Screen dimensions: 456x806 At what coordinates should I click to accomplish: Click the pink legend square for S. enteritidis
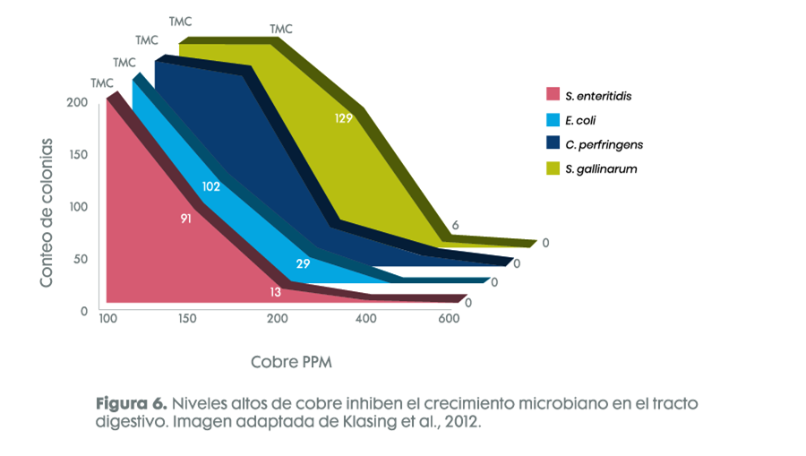coord(553,94)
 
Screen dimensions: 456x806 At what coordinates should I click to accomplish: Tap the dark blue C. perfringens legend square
coord(553,143)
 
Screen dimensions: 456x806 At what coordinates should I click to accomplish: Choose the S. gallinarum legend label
coord(601,168)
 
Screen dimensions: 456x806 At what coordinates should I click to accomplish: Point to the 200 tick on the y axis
coord(77,102)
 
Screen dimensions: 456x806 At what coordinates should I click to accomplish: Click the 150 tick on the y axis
coord(77,154)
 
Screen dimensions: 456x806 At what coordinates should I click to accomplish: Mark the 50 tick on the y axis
coord(80,259)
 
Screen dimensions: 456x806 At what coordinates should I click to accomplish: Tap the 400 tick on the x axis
coord(365,319)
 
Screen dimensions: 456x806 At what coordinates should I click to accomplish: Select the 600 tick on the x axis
coord(448,319)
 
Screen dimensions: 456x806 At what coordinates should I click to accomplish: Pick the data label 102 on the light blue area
coord(211,187)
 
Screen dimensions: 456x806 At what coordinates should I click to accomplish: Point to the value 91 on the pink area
coord(186,218)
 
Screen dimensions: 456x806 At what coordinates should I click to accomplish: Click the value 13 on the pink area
coord(276,292)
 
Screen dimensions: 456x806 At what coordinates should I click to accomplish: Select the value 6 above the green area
coord(455,226)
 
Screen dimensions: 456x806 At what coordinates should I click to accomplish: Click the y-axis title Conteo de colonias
coord(46,212)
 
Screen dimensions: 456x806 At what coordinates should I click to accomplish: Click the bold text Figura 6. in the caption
coord(132,404)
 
